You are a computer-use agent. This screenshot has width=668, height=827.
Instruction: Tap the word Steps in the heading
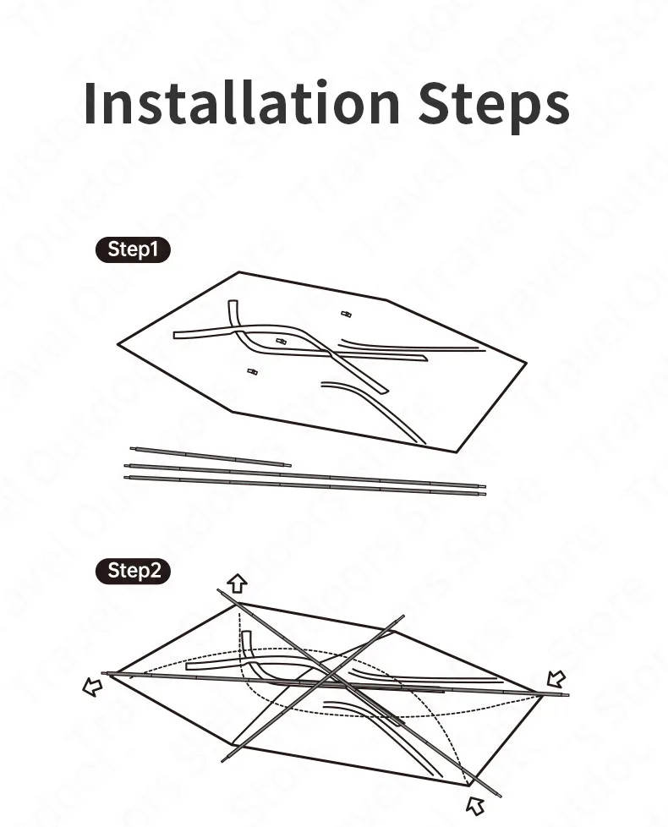click(493, 106)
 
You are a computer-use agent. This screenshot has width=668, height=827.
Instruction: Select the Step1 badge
click(132, 249)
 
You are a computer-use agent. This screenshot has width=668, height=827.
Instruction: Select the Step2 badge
click(133, 571)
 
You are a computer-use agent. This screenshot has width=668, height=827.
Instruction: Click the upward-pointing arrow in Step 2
click(238, 583)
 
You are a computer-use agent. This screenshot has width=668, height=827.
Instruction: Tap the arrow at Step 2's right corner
click(556, 678)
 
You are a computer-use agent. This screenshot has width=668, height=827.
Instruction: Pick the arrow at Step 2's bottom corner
click(477, 804)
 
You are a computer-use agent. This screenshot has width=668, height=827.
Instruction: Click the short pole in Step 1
click(211, 457)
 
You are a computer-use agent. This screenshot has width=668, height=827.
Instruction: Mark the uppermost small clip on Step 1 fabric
click(345, 314)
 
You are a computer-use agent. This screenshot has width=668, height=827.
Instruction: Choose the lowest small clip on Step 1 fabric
click(251, 371)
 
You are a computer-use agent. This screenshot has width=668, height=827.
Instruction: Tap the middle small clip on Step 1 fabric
click(282, 341)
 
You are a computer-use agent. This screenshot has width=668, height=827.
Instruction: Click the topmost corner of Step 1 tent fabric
click(239, 272)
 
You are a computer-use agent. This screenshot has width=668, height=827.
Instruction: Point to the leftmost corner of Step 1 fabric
click(118, 344)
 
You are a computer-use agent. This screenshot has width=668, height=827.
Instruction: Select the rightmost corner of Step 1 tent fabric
click(526, 364)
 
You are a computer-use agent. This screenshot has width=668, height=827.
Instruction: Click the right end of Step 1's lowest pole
click(485, 493)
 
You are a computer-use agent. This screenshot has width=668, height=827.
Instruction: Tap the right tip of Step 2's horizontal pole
click(567, 695)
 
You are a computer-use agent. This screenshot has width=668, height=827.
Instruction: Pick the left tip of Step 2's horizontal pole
click(104, 674)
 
